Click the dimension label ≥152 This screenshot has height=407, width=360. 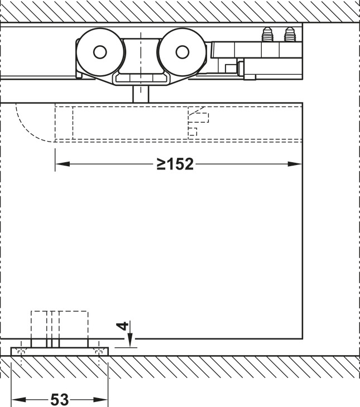175,164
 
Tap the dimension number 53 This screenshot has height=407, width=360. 60,399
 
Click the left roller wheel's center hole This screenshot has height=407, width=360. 100,52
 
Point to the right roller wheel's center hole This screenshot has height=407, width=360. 183,52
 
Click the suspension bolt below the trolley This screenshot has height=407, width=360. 141,94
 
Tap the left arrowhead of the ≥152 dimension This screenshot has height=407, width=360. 63,164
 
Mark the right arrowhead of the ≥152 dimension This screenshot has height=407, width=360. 295,164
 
